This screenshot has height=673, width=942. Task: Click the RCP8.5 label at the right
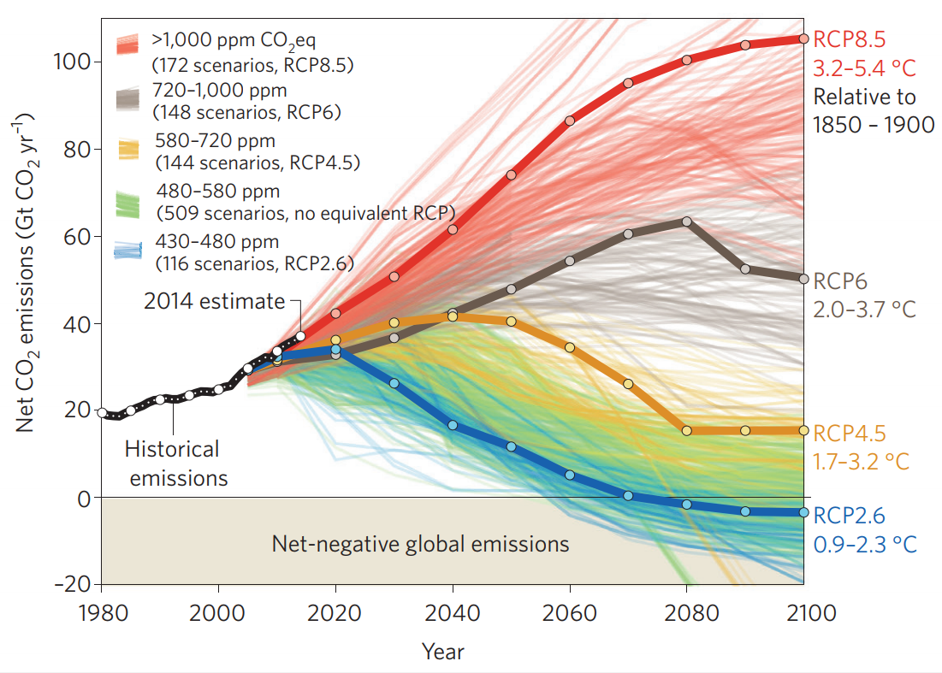(x=849, y=40)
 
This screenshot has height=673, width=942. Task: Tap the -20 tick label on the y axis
(x=72, y=585)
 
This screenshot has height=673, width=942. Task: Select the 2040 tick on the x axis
(x=452, y=614)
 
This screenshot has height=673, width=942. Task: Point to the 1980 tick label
(x=102, y=614)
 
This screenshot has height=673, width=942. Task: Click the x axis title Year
(x=443, y=652)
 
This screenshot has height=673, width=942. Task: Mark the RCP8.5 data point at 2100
(x=803, y=38)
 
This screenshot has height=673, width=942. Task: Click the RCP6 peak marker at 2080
(x=686, y=221)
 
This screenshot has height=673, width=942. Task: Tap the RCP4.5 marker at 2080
(x=686, y=430)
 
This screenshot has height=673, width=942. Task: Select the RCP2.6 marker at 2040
(x=452, y=425)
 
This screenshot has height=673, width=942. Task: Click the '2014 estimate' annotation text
(x=214, y=301)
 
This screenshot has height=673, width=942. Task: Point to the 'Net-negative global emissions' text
(x=420, y=543)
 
